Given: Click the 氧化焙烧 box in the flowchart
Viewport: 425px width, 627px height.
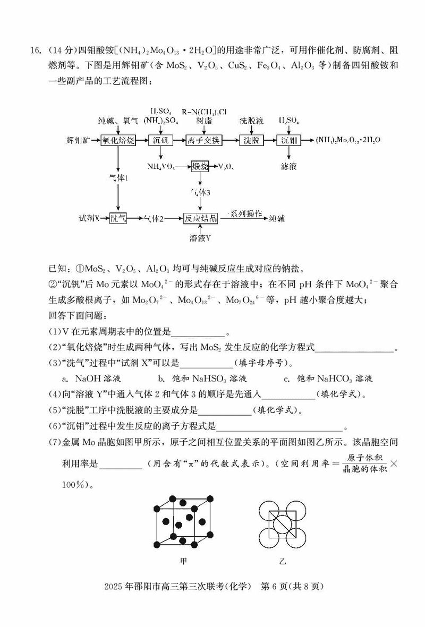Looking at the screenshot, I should pos(118,140).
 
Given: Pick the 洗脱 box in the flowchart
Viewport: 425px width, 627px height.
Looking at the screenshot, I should pos(251,140).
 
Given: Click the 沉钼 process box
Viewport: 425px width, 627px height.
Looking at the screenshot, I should pos(289,140).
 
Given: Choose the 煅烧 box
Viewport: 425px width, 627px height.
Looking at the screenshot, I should pos(200,167).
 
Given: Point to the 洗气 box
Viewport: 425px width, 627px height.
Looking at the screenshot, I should pos(118,218).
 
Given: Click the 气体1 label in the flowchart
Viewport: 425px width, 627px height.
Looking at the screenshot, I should pos(118,179).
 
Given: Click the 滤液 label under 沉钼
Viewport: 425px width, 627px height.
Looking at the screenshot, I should pos(289,166).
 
